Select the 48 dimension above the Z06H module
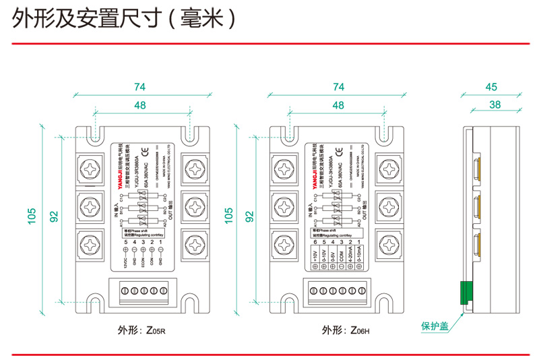(x=338, y=105)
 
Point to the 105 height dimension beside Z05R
(x=32, y=216)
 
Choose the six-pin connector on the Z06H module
(x=338, y=291)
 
